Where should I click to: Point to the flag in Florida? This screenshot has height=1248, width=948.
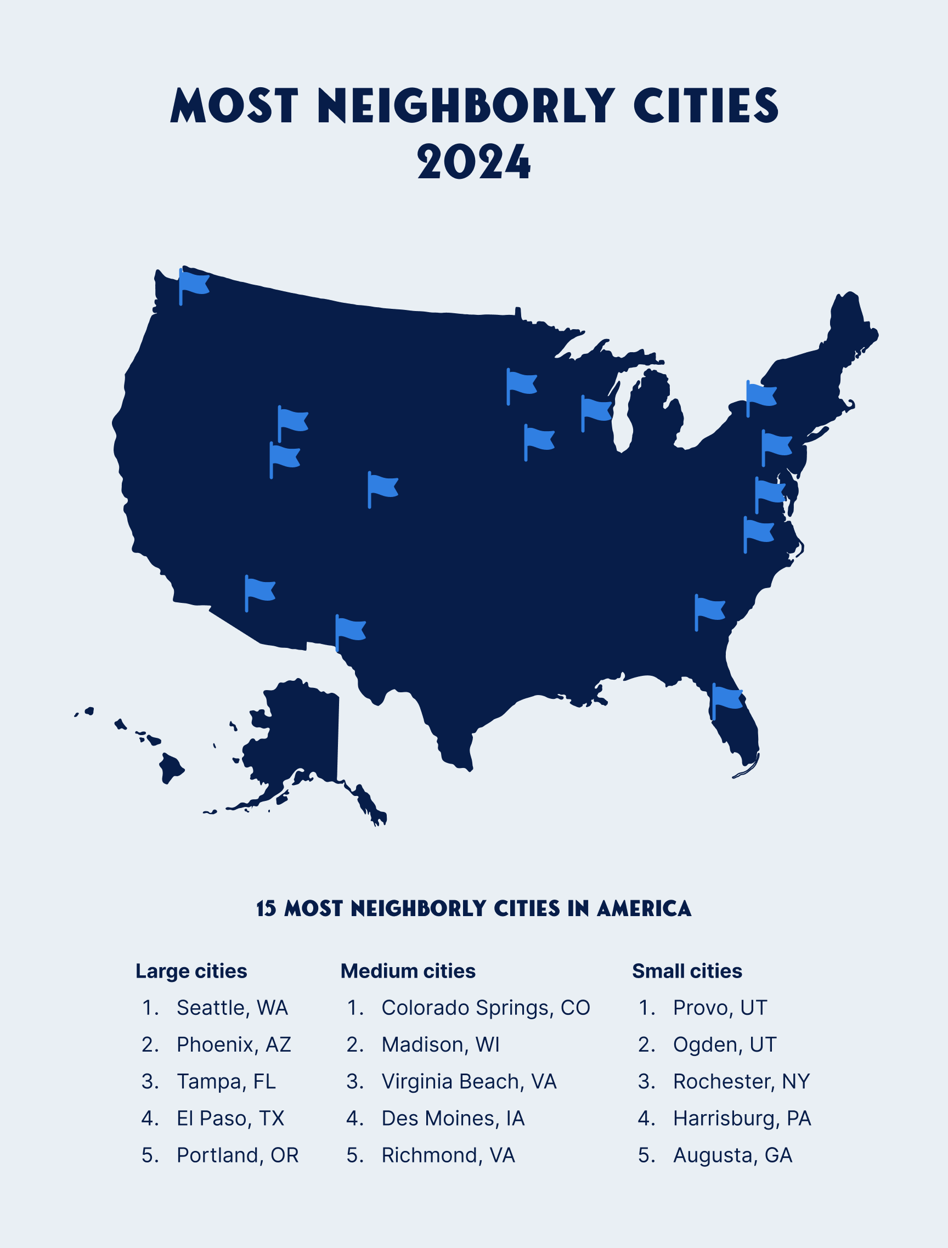727,698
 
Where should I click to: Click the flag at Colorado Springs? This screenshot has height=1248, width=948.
383,486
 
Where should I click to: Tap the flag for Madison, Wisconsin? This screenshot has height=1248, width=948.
596,410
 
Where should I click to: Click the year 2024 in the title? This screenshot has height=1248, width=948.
473,162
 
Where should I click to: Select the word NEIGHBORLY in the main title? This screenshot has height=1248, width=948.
465,105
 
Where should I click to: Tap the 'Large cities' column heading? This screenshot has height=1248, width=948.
191,971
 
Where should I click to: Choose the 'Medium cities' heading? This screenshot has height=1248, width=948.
408,971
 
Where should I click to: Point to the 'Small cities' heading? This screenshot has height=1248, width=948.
687,971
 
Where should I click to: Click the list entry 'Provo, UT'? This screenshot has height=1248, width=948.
719,1008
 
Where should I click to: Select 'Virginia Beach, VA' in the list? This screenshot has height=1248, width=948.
469,1082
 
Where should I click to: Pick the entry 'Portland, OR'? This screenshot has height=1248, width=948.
237,1155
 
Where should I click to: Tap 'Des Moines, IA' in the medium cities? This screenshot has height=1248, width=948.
453,1118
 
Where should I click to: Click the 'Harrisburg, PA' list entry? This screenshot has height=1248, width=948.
742,1118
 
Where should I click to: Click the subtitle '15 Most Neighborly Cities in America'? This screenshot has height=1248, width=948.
473,908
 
